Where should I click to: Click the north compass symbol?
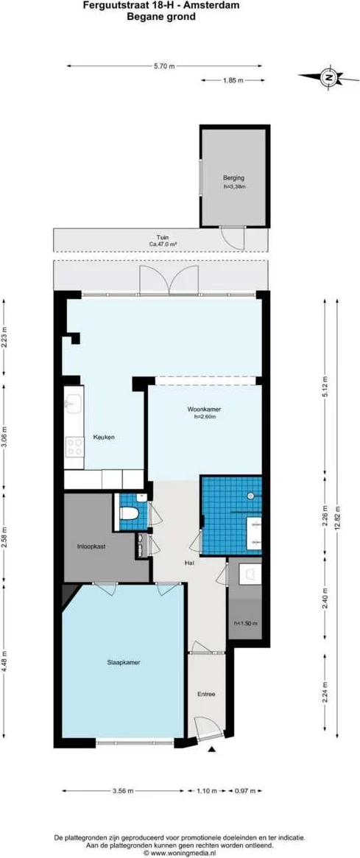330,77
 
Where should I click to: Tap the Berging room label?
233,178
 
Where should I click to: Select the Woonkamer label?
205,409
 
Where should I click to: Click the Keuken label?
104,437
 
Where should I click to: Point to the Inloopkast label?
92,546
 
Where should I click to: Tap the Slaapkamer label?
124,662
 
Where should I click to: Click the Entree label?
205,695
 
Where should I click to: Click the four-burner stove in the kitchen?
74,446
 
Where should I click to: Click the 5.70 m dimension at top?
164,66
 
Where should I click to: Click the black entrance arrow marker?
212,750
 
